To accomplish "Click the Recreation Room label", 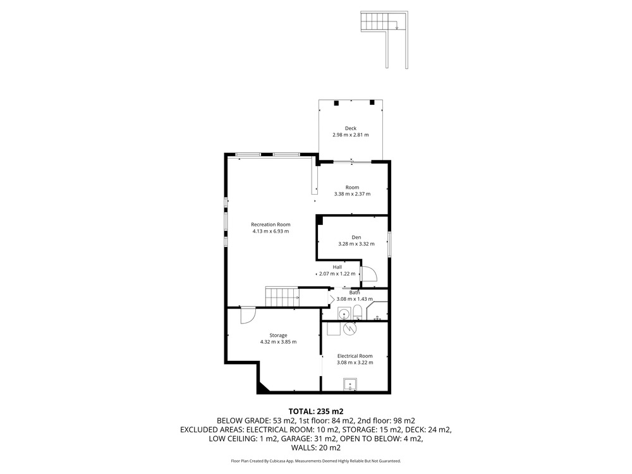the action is tap(270, 224).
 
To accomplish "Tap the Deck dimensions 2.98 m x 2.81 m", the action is tap(350, 135).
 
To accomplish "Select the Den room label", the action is tap(356, 238).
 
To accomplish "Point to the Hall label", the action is tap(337, 267).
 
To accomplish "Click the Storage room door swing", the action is tap(248, 315).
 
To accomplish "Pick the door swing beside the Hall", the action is tap(368, 274).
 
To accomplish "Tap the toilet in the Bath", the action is tap(358, 312).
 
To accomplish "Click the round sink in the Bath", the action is tap(344, 313).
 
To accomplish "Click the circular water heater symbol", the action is tap(350, 329).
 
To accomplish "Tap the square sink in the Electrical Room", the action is tap(350, 384).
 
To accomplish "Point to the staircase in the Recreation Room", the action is tap(282, 297).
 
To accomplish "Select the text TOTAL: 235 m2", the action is tap(316, 411).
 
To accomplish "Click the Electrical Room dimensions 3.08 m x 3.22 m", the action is tap(355, 363).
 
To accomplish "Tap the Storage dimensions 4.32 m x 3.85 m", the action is tap(278, 342).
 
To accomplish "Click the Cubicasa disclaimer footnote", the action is tap(316, 461).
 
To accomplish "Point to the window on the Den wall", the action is tap(389, 244).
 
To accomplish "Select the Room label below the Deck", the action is tap(352, 188).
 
